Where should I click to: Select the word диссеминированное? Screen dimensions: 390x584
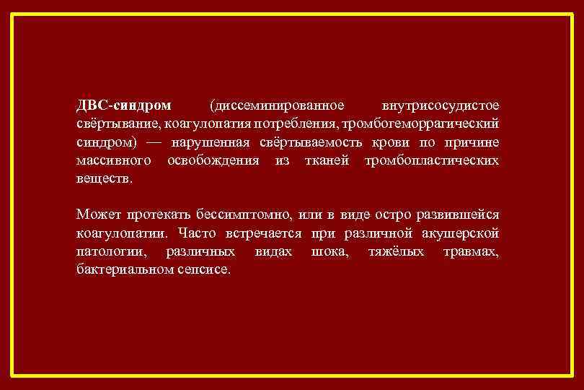click(277, 105)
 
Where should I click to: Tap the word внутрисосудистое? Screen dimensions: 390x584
click(441, 105)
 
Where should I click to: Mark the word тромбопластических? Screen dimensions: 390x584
click(431, 160)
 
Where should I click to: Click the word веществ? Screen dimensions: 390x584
click(105, 178)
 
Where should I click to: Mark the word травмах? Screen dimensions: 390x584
click(472, 251)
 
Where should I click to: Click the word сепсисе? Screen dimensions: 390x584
click(205, 269)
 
